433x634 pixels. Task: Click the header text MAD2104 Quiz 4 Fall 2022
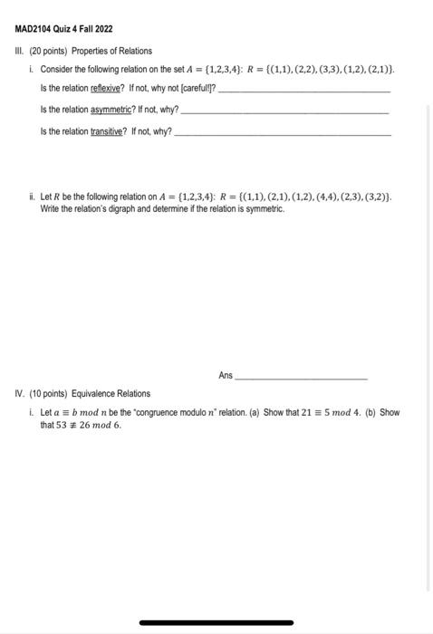click(63, 30)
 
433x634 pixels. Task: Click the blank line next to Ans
click(301, 377)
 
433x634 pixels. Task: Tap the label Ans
click(225, 374)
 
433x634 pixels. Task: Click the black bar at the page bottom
click(216, 622)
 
